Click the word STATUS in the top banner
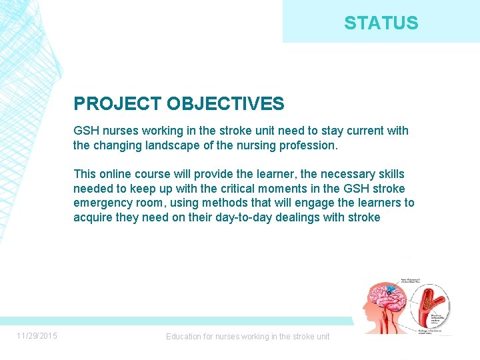[381, 23]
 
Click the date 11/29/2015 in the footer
[37, 335]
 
